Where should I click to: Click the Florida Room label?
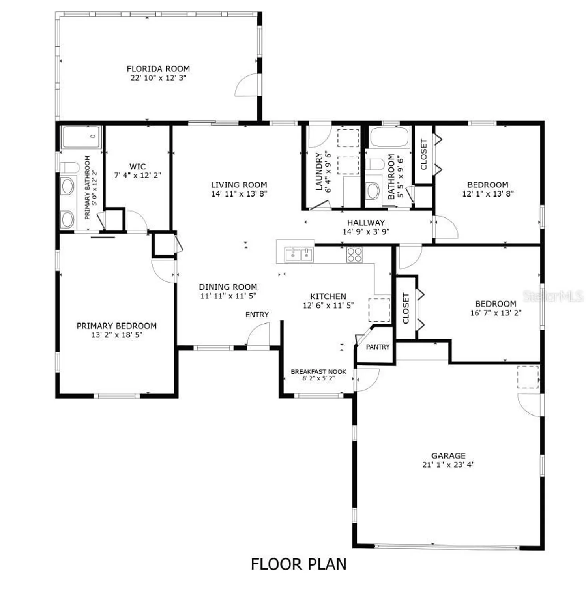coord(158,69)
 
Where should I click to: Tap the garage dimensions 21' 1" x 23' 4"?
coord(448,465)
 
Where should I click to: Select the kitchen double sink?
coord(299,255)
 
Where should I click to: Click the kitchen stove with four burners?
coord(354,255)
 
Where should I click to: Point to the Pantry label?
coord(377,347)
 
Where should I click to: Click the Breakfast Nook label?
coord(318,371)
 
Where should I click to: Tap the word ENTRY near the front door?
coord(257,315)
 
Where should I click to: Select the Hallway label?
coord(366,223)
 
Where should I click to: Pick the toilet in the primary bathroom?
coord(69,167)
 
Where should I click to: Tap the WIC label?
coord(137,167)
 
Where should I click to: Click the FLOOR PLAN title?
coord(298,564)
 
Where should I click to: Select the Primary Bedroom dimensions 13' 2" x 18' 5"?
coord(116,335)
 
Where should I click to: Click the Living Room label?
coord(239,185)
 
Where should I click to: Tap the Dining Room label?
coord(228,287)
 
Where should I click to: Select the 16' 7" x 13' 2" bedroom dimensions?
coord(496,313)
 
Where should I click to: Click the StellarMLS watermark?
coord(552,296)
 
